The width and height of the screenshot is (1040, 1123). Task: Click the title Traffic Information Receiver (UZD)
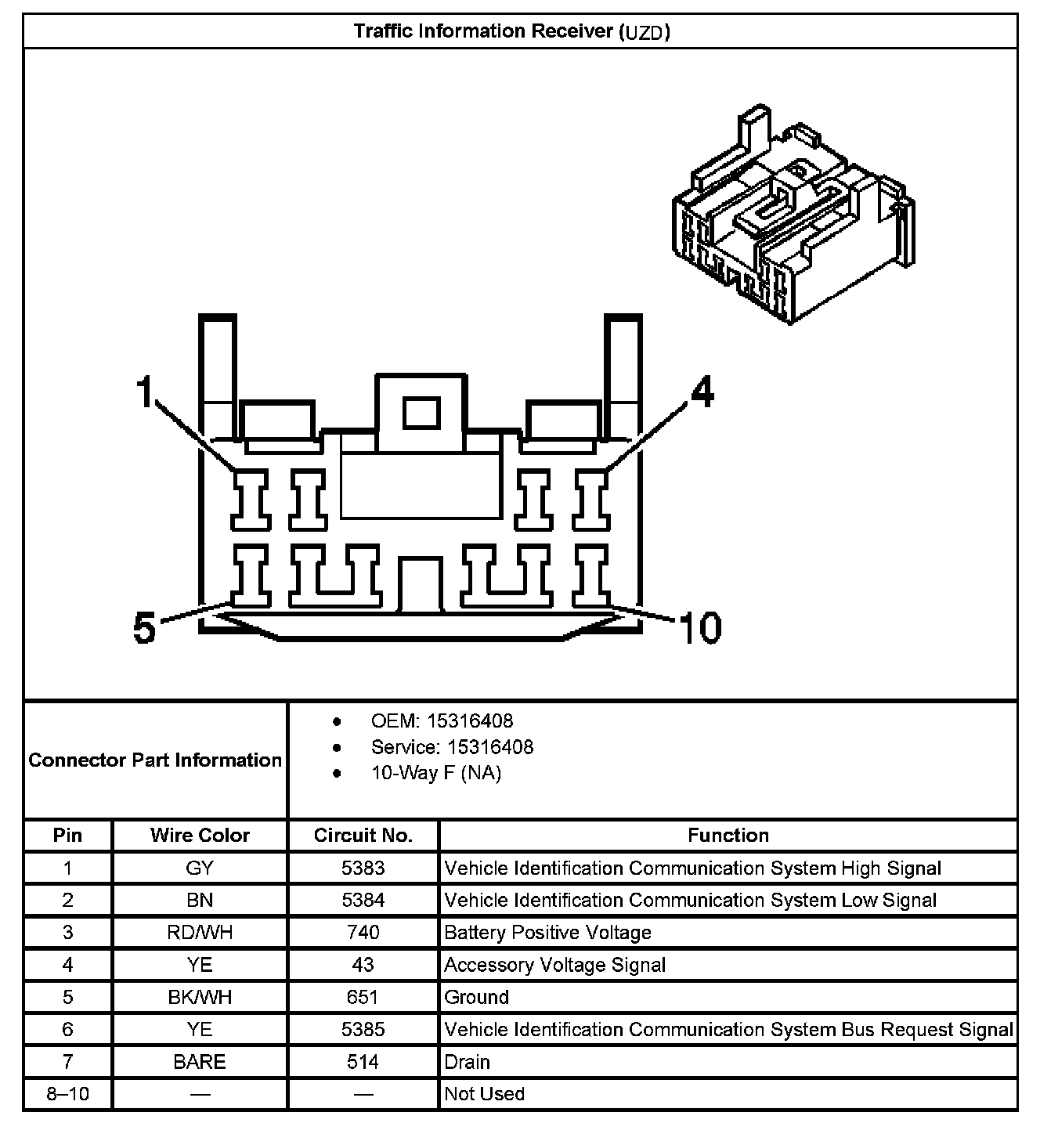511,32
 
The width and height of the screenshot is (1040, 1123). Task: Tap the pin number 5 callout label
144,628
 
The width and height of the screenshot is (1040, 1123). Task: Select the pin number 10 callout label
699,628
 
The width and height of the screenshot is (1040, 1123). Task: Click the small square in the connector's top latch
421,413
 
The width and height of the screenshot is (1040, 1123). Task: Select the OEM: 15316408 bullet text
442,720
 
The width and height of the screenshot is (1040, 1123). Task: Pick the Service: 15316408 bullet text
452,747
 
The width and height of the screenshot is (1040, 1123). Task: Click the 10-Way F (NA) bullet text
436,773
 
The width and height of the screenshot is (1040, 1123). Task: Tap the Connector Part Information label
155,760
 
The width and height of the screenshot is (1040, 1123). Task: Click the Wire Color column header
200,836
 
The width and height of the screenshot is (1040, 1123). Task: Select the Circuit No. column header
363,836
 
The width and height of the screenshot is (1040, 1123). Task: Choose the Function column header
728,836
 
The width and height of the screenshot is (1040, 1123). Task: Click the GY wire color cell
200,868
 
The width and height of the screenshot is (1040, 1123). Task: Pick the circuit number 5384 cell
363,901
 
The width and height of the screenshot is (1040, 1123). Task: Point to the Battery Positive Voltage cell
547,933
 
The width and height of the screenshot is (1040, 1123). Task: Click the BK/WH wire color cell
200,997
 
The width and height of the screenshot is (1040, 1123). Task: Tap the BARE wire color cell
200,1062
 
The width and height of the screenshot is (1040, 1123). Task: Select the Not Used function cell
484,1094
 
